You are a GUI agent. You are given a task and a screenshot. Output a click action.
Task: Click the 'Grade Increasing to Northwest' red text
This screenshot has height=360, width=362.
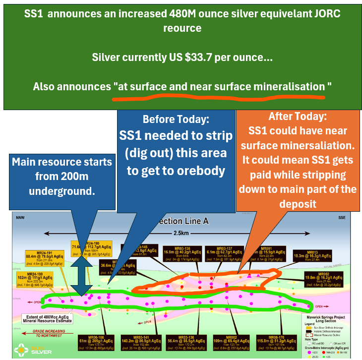point(47,329)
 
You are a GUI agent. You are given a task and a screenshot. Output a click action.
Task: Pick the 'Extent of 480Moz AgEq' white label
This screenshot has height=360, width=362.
point(47,318)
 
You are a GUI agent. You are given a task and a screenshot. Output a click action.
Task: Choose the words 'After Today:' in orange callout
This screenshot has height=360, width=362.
point(298,117)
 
